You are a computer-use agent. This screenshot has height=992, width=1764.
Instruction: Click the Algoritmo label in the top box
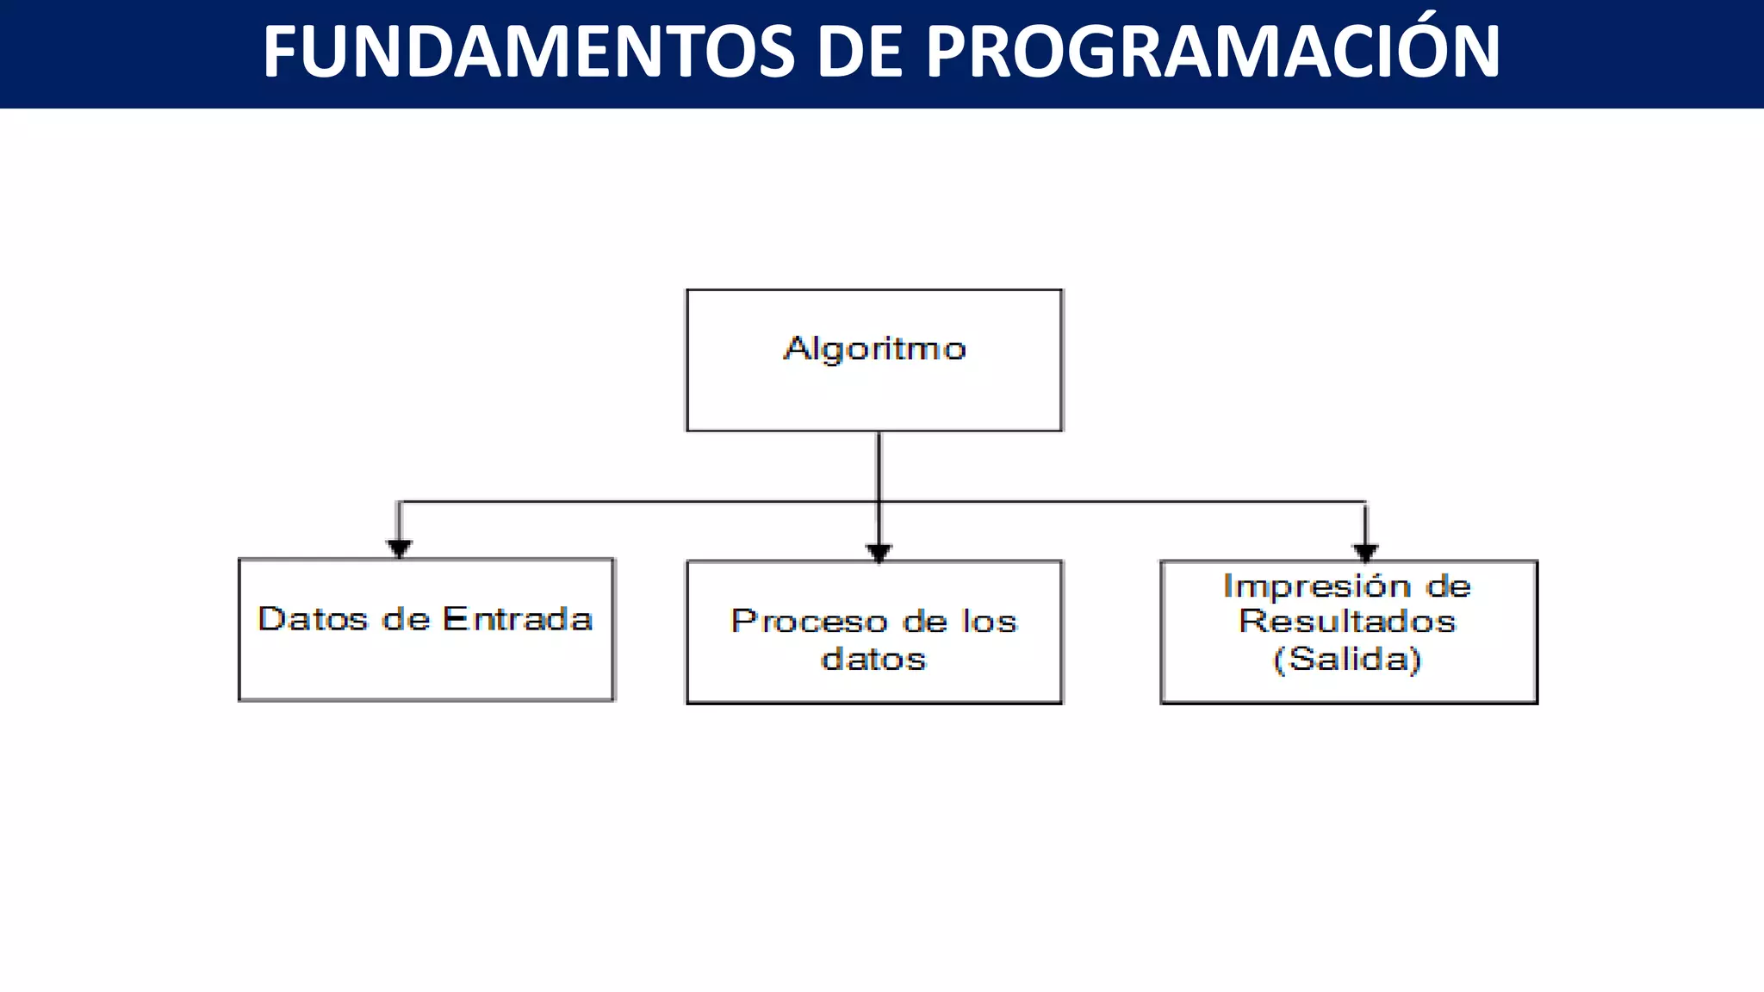(x=874, y=349)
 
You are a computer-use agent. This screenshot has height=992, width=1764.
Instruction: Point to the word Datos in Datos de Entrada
(x=313, y=619)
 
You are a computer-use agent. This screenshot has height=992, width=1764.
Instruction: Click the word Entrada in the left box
(x=517, y=619)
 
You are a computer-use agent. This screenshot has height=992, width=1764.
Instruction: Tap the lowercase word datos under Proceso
(x=873, y=660)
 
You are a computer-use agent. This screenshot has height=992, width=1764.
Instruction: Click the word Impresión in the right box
(x=1318, y=586)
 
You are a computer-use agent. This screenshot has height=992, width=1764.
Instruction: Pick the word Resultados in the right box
(x=1347, y=622)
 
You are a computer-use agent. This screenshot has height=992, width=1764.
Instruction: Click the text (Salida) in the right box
(x=1347, y=660)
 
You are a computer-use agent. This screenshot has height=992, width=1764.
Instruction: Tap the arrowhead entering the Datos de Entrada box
(x=399, y=549)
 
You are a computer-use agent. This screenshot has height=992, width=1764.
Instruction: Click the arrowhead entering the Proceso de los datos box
(x=879, y=553)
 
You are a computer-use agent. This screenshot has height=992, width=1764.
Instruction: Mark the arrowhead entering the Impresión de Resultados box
(x=1366, y=553)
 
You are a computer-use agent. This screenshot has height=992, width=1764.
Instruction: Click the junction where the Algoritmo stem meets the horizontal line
(x=879, y=501)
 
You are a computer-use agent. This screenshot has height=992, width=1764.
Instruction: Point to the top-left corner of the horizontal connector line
(x=399, y=502)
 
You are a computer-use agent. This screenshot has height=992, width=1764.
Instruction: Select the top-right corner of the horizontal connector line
(x=1366, y=502)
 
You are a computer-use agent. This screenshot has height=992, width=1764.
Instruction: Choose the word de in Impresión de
(x=1448, y=586)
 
